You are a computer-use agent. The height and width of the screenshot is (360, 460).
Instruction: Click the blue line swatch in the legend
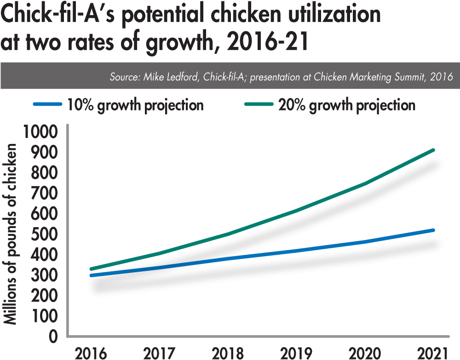point(46,105)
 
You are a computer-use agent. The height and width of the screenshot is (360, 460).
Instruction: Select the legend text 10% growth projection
point(135,105)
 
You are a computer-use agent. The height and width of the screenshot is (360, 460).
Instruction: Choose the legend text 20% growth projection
point(347,105)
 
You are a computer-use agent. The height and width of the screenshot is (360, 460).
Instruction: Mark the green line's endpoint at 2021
point(433,150)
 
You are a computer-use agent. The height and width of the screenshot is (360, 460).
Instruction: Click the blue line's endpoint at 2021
point(433,229)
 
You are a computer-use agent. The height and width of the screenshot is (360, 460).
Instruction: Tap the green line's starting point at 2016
point(91,269)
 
